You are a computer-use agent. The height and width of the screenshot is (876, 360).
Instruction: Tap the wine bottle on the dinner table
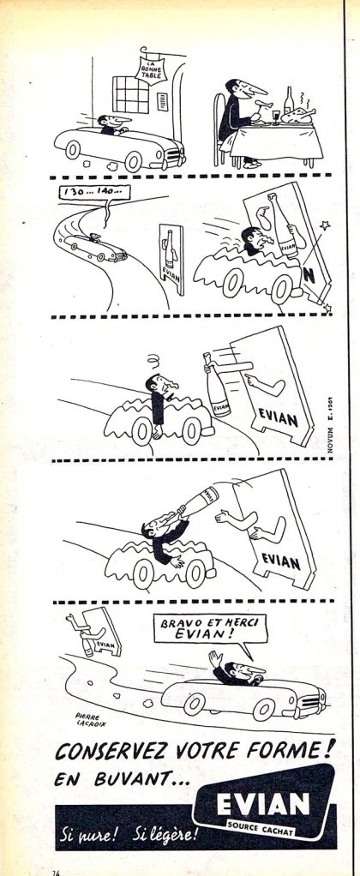(288, 105)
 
